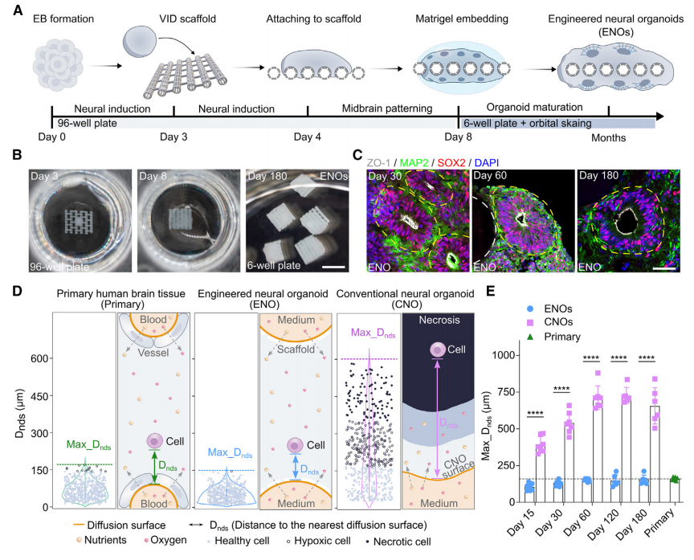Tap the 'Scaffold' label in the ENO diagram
[292, 349]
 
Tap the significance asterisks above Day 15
[539, 415]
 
